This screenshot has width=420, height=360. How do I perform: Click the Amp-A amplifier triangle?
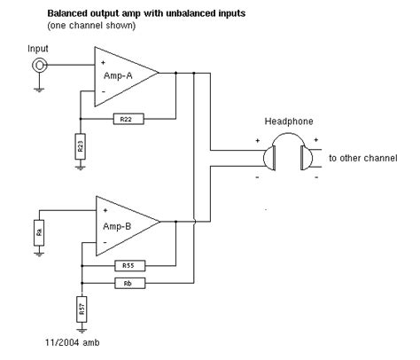123,76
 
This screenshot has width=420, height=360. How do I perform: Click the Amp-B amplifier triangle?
123,225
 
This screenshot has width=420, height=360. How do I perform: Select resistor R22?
124,117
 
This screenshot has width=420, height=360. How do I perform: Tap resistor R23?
81,147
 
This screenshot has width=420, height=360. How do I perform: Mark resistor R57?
81,309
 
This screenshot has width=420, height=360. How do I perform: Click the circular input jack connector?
39,65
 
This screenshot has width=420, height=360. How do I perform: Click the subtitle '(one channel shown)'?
89,24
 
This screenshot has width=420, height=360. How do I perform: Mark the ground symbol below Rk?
38,254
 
